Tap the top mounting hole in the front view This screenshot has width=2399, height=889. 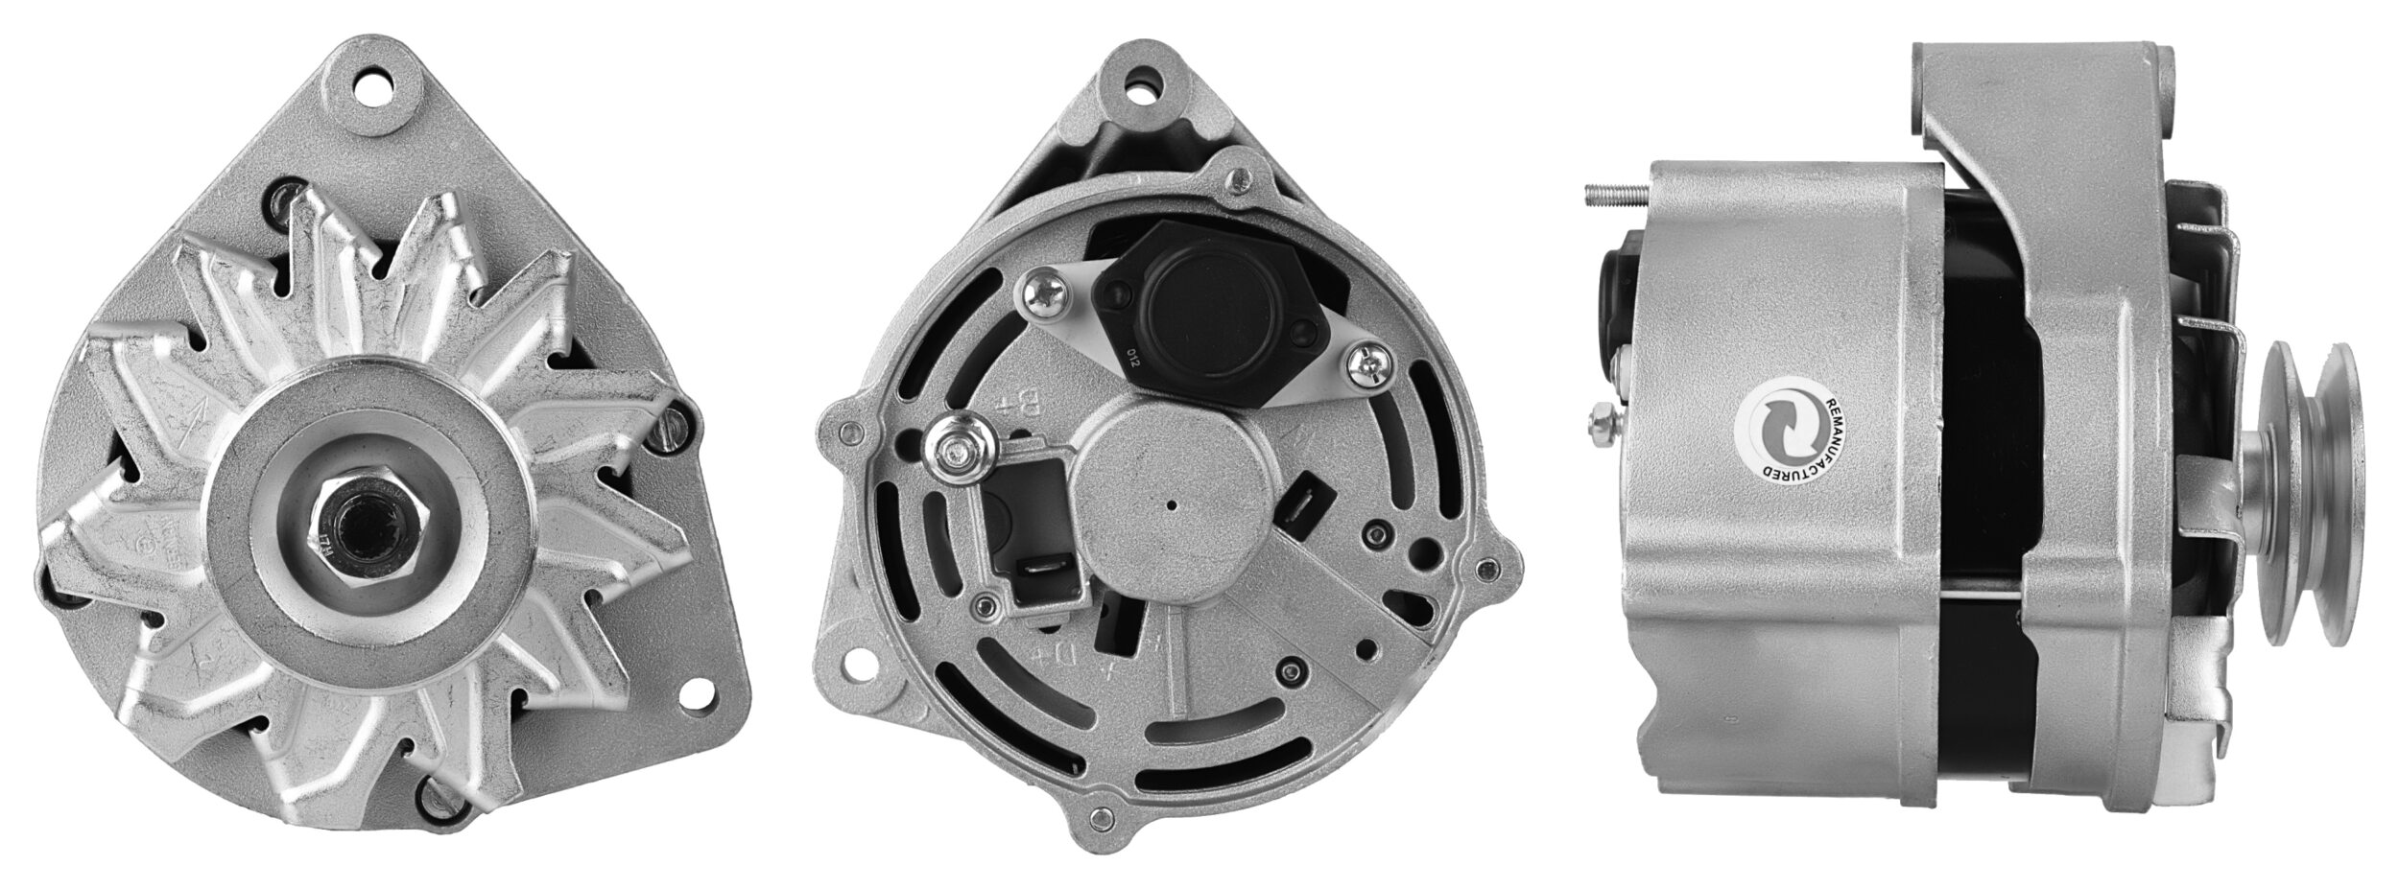tap(375, 95)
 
